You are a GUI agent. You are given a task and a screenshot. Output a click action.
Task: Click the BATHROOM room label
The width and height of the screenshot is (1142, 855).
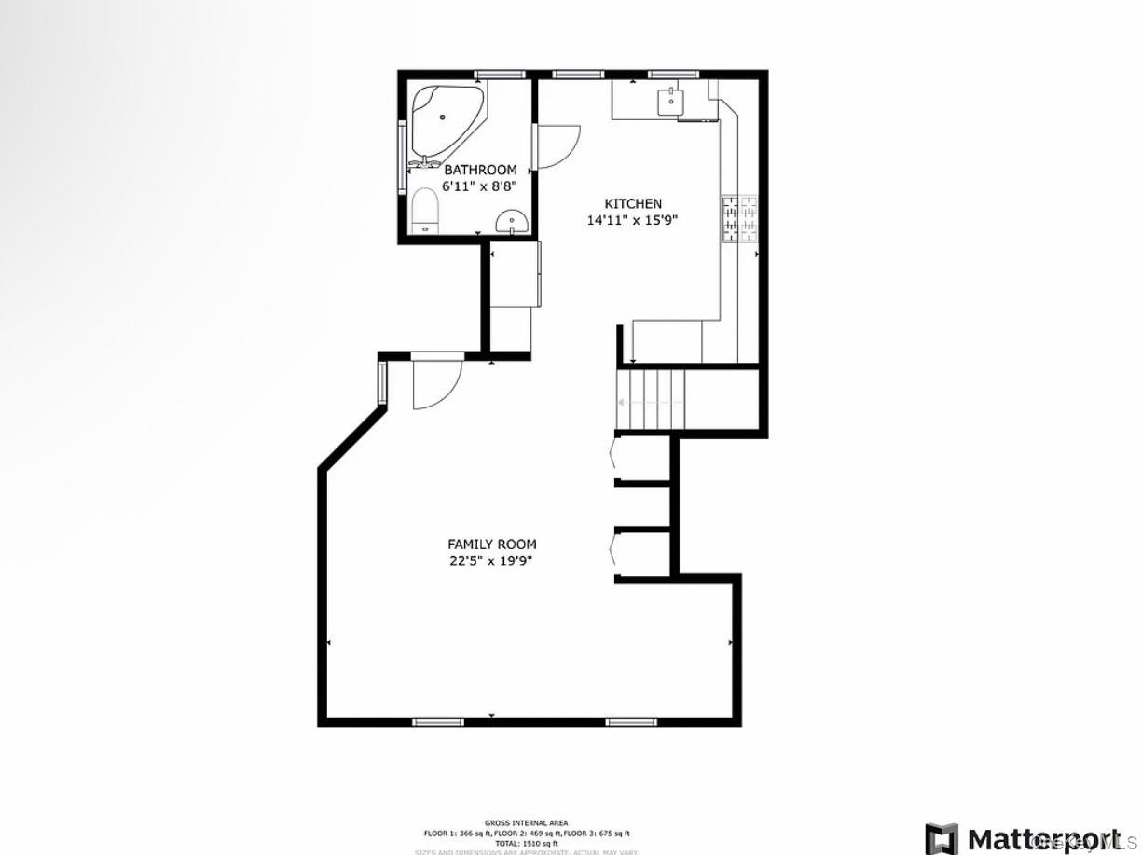(x=479, y=170)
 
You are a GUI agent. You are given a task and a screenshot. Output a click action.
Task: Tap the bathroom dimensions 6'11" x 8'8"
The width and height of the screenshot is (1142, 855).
(x=479, y=186)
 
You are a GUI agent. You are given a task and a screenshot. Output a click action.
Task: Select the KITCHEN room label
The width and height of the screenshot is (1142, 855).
(x=633, y=203)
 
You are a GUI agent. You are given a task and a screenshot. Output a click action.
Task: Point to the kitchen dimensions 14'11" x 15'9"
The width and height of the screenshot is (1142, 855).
(x=632, y=220)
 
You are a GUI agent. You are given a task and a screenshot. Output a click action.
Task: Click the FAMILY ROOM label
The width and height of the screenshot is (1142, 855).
(x=491, y=544)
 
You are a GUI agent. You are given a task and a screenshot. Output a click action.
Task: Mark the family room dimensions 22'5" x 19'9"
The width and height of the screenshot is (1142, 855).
(x=491, y=560)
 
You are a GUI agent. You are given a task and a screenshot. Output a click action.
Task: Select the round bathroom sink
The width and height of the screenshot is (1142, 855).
(x=512, y=222)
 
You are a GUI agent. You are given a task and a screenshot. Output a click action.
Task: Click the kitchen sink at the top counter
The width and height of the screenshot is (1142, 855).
(x=670, y=100)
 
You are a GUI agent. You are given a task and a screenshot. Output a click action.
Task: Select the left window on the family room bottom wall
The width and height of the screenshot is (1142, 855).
(x=438, y=721)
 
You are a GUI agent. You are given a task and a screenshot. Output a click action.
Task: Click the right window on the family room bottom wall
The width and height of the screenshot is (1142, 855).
(x=631, y=721)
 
